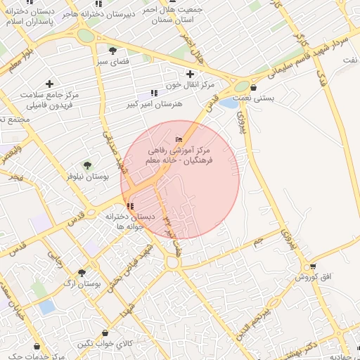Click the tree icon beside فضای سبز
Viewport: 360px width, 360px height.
tap(112, 50)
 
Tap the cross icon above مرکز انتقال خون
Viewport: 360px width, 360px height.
tap(190, 73)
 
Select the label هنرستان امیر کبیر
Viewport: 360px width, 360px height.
tap(161, 103)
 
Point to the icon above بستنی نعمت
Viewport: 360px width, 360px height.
tap(253, 88)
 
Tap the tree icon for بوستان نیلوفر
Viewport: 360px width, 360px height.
tap(87, 166)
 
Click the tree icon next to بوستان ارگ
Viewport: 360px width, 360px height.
tap(82, 273)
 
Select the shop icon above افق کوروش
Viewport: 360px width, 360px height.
tap(313, 266)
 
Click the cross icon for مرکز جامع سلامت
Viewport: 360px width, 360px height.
tap(49, 84)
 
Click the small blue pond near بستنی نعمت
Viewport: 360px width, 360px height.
tap(229, 103)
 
